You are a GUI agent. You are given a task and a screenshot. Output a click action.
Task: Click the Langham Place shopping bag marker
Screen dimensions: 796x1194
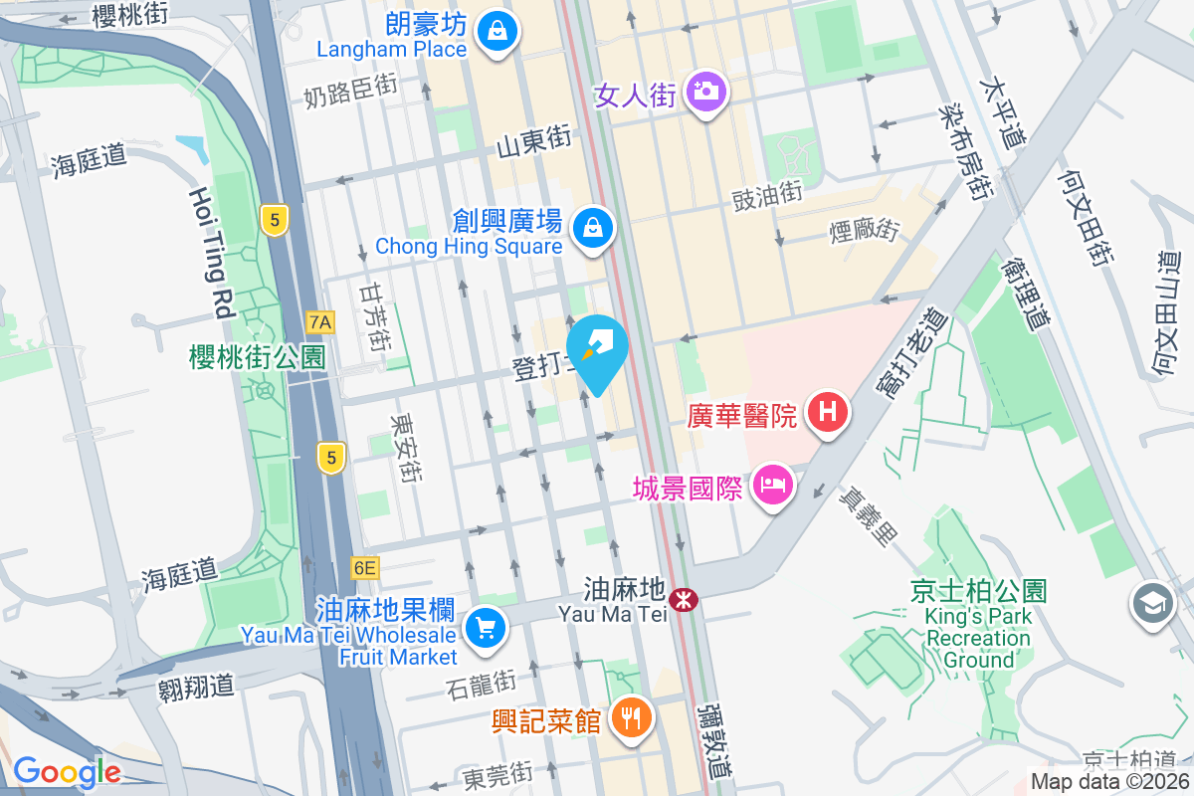click(x=495, y=31)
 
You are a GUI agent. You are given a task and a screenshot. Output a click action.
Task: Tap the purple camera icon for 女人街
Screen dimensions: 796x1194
click(x=706, y=92)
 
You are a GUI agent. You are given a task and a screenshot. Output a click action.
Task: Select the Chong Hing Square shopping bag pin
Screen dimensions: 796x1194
click(x=594, y=227)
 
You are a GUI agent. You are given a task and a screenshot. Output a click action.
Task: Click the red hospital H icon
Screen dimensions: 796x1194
click(x=828, y=411)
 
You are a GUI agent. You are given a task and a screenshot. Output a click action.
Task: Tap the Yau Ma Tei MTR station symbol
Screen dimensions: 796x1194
click(x=684, y=599)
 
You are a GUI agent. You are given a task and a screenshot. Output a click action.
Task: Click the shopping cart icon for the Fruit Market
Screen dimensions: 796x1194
click(x=486, y=628)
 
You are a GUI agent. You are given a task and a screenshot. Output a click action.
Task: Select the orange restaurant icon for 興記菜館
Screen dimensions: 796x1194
click(x=630, y=714)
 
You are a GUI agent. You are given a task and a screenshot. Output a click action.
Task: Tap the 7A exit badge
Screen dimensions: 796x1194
click(x=320, y=322)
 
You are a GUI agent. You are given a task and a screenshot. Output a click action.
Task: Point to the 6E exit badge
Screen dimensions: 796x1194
click(x=365, y=568)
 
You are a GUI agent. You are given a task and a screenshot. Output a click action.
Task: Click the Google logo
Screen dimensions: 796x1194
click(x=67, y=771)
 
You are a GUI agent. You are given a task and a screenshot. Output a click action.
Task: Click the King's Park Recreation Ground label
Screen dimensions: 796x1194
click(x=979, y=626)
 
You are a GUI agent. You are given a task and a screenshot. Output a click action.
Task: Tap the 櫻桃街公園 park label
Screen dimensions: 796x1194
click(x=258, y=357)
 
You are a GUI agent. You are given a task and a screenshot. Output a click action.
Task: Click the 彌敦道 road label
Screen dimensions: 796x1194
click(x=715, y=740)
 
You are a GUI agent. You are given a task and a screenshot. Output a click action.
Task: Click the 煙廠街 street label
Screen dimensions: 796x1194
click(x=864, y=231)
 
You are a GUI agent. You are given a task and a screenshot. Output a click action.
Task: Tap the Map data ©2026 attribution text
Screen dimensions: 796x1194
click(x=1109, y=782)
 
